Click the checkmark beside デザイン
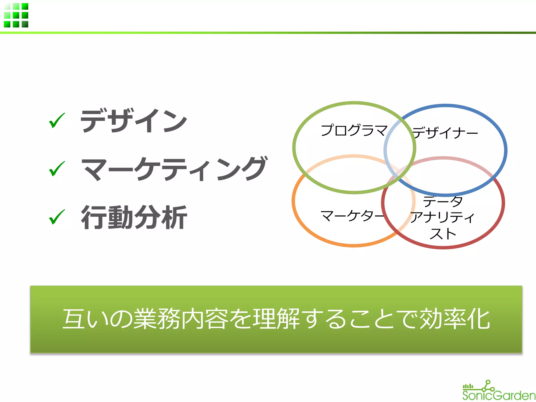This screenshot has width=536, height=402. click(x=57, y=121)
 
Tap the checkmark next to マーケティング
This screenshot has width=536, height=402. click(x=57, y=169)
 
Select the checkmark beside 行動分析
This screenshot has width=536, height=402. click(x=57, y=217)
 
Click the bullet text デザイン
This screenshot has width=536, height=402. click(x=134, y=121)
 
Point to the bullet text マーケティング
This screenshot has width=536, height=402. click(x=174, y=169)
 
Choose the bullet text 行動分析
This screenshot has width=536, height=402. click(x=134, y=217)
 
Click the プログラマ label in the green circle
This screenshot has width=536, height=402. click(x=354, y=130)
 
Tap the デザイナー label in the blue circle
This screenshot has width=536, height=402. click(x=445, y=133)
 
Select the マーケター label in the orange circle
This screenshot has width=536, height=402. click(x=352, y=216)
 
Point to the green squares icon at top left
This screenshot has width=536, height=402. click(x=16, y=15)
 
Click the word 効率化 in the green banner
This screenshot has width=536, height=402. click(x=455, y=319)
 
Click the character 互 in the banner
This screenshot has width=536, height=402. click(x=74, y=319)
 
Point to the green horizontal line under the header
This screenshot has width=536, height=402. click(x=268, y=33)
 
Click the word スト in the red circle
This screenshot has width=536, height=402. click(x=443, y=234)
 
